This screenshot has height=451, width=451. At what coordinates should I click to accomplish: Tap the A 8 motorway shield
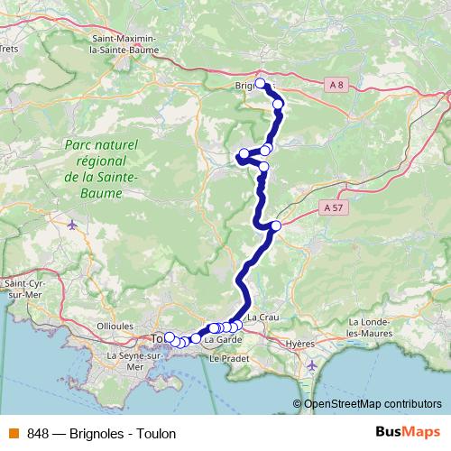(336, 85)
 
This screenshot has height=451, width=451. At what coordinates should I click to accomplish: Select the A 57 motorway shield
(332, 207)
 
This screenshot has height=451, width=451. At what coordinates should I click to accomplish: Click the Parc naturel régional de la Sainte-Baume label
(101, 161)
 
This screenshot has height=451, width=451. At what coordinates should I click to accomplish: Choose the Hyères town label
(299, 344)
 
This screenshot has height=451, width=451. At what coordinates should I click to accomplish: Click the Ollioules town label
(115, 326)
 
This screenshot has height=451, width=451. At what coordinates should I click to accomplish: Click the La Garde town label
(223, 340)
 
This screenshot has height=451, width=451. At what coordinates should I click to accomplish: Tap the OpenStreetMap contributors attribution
(372, 404)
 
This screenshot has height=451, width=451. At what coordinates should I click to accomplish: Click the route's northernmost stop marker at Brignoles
(261, 84)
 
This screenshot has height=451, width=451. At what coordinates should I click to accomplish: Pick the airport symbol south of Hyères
(311, 365)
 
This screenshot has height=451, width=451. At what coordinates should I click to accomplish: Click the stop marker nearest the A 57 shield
(276, 225)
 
